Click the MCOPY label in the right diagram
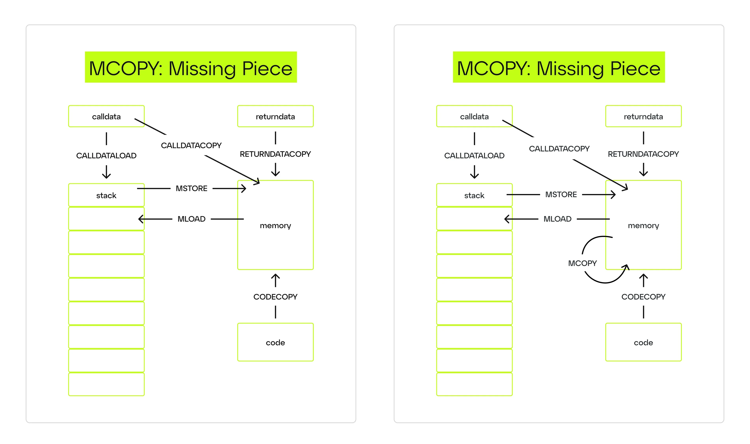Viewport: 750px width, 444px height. tap(582, 263)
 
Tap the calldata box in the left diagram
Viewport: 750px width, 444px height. tap(106, 116)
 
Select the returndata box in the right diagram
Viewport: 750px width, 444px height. tap(643, 116)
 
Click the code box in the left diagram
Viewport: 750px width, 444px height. tap(275, 342)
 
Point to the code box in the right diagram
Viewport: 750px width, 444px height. tap(643, 342)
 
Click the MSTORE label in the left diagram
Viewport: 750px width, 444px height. tap(191, 188)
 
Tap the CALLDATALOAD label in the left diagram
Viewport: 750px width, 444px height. tap(106, 156)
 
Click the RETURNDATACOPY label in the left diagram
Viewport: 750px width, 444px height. tap(275, 154)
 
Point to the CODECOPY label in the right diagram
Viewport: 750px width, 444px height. tap(643, 297)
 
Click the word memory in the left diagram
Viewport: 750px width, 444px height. tap(275, 226)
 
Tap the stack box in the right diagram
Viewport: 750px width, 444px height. tap(474, 195)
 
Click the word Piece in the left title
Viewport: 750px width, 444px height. tap(267, 69)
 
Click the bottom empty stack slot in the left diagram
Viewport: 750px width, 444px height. tap(106, 384)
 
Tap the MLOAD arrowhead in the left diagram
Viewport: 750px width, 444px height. tap(140, 219)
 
